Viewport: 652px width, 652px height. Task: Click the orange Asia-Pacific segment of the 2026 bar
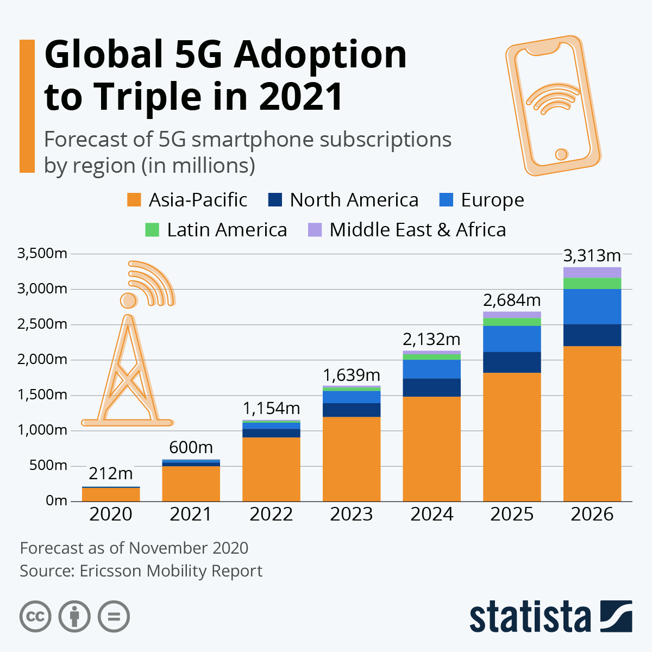point(592,424)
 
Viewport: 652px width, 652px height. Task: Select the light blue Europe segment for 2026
point(592,306)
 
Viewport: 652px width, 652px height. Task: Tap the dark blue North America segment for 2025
point(512,362)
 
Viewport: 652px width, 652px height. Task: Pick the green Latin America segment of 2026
point(592,284)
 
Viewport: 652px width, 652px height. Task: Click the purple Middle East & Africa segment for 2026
point(592,272)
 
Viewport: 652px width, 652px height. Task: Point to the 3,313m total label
point(592,255)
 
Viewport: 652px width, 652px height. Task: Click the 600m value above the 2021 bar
point(191,447)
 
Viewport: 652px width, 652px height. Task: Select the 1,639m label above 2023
point(351,375)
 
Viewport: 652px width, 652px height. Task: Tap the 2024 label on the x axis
point(431,514)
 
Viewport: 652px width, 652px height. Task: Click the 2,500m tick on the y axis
point(42,324)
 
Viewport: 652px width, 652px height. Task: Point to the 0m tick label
point(57,500)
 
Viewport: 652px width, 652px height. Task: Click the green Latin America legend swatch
point(152,230)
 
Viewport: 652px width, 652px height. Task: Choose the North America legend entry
point(353,200)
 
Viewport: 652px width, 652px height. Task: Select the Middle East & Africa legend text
point(417,230)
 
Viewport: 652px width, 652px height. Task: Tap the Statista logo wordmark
point(530,617)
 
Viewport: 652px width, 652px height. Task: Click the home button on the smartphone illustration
point(561,154)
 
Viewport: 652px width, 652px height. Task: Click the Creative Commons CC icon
point(35,617)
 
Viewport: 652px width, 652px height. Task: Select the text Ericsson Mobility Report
point(171,571)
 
